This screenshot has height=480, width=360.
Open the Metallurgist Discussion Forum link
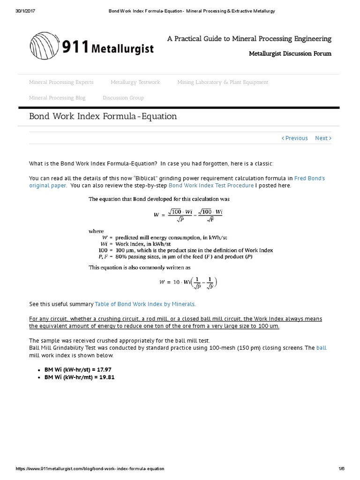click(x=290, y=53)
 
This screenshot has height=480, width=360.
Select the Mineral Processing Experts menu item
click(x=61, y=82)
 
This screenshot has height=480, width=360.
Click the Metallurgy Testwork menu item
click(x=135, y=82)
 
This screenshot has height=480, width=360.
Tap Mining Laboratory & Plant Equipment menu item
click(x=223, y=82)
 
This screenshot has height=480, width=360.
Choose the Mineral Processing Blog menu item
click(x=57, y=97)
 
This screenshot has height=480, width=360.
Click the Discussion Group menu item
click(x=123, y=97)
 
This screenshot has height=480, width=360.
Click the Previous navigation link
click(x=295, y=138)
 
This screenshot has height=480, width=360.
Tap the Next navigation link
click(x=323, y=138)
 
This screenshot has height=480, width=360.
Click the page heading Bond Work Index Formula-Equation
click(x=103, y=116)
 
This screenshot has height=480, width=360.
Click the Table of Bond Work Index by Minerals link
click(x=145, y=304)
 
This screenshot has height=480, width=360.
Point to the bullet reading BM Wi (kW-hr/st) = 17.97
click(x=78, y=370)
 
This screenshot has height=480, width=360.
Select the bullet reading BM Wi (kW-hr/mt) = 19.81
click(x=79, y=377)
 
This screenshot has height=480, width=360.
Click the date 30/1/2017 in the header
click(x=14, y=10)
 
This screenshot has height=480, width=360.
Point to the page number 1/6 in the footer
click(x=341, y=469)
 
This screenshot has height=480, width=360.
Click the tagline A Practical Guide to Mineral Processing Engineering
click(x=249, y=38)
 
